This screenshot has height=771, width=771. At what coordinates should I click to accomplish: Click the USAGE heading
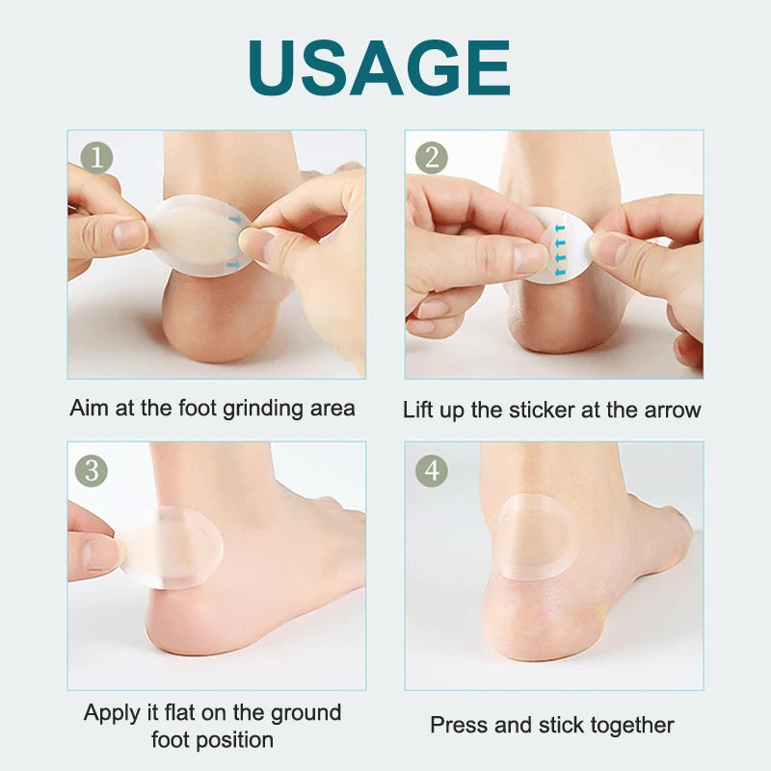(x=378, y=67)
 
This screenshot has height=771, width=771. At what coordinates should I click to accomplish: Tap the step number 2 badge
(x=431, y=157)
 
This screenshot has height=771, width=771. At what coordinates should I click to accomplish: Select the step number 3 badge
(x=93, y=469)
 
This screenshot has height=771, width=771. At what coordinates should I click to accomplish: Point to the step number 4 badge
(x=431, y=469)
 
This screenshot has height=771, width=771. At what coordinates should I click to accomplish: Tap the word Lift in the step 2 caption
(x=418, y=409)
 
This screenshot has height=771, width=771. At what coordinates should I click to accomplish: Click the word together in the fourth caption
(x=632, y=725)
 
